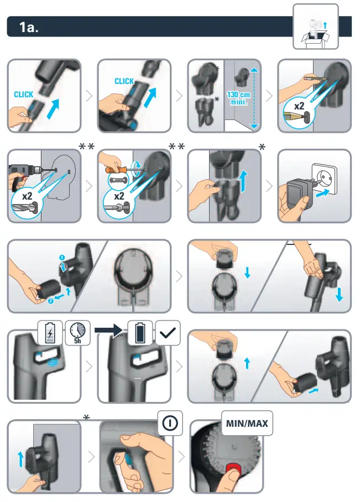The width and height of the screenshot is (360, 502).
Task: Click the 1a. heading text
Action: [x=29, y=27]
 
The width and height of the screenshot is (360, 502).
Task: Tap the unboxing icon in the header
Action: [x=315, y=27]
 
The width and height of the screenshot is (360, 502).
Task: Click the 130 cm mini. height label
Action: [x=238, y=98]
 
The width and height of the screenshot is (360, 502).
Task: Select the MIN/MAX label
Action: [x=247, y=423]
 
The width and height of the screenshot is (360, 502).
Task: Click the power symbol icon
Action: [x=170, y=423]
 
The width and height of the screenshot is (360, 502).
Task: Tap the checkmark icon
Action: [x=168, y=333]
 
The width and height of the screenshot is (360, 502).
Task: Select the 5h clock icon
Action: [x=77, y=333]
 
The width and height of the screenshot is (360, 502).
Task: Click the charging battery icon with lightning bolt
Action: [x=50, y=333]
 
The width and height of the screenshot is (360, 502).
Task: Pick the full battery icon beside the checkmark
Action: [x=140, y=333]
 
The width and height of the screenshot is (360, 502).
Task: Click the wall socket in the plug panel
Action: [x=324, y=179]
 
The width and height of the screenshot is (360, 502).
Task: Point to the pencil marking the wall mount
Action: [x=315, y=77]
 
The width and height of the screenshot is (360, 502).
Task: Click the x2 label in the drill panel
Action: [x=27, y=196]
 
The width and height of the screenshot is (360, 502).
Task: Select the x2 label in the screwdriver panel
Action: [x=119, y=196]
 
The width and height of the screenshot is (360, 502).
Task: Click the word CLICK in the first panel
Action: [x=23, y=95]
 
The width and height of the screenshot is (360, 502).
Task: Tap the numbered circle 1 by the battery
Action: [x=62, y=258]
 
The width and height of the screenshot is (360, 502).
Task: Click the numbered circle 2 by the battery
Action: [x=51, y=301]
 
